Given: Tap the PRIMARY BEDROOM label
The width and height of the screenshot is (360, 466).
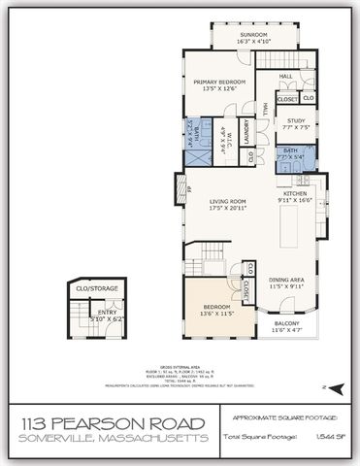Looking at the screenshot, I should (217, 83).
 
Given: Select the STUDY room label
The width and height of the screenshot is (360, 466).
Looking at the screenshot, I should (295, 120).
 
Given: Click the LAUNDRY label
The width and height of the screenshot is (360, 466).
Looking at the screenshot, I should (248, 131).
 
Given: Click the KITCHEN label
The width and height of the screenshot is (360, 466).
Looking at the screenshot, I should (295, 193).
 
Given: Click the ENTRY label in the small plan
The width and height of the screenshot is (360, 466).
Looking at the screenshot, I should (107, 312).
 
